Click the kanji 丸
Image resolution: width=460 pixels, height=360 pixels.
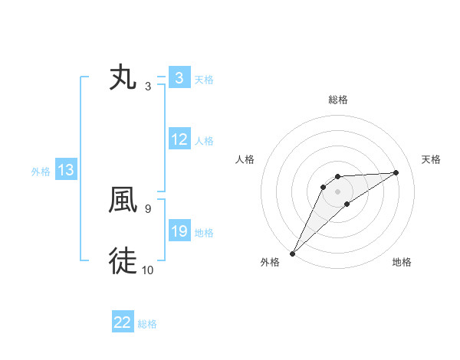click(x=123, y=78)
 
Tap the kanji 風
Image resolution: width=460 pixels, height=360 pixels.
click(x=123, y=200)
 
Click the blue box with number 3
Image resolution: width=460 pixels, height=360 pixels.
click(x=179, y=78)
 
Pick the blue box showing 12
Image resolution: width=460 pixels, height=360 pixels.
click(x=179, y=140)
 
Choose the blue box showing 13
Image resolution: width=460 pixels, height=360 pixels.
click(x=66, y=171)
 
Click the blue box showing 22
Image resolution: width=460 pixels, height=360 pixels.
click(x=123, y=323)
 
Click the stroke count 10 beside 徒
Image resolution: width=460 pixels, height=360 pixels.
click(x=147, y=270)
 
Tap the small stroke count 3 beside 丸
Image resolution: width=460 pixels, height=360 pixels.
click(x=147, y=86)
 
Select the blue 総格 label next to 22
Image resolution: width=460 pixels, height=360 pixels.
click(x=147, y=324)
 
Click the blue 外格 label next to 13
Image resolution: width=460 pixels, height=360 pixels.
click(x=41, y=172)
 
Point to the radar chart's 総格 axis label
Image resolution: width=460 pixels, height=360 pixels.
click(x=337, y=100)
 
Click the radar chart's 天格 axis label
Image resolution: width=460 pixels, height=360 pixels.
click(x=432, y=159)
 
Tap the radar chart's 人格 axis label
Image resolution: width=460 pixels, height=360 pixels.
click(x=245, y=159)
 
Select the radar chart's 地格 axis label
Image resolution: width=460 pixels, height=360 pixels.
click(x=402, y=263)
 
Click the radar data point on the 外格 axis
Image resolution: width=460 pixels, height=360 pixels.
click(x=292, y=253)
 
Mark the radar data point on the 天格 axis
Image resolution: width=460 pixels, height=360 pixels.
click(x=396, y=172)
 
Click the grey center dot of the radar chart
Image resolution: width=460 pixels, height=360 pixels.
click(x=337, y=191)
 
